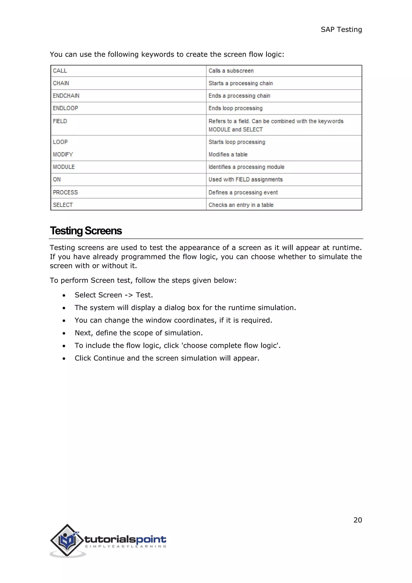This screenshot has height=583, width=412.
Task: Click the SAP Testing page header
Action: coord(341,30)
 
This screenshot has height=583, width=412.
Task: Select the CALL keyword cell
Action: coord(60,71)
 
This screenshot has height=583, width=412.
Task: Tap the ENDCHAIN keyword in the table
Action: coord(66,96)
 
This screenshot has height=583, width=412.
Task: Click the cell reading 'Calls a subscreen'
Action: coord(231,71)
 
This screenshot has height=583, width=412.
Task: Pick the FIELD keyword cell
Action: coord(60,121)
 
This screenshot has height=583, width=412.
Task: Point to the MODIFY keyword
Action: coord(63,154)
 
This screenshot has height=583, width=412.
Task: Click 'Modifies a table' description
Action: coord(228,154)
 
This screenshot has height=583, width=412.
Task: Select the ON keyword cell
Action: coord(57,180)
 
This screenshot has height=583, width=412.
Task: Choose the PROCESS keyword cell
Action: coord(65,192)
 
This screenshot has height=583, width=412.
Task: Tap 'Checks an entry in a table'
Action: coord(241,205)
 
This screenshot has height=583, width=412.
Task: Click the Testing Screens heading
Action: coord(86,231)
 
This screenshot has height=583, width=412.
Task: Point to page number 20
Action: coord(357,520)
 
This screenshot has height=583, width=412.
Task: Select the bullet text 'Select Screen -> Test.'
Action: coord(114,295)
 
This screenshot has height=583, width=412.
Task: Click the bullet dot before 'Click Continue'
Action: coord(64,359)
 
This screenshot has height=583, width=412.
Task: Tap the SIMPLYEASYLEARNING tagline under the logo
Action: coord(126,546)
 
